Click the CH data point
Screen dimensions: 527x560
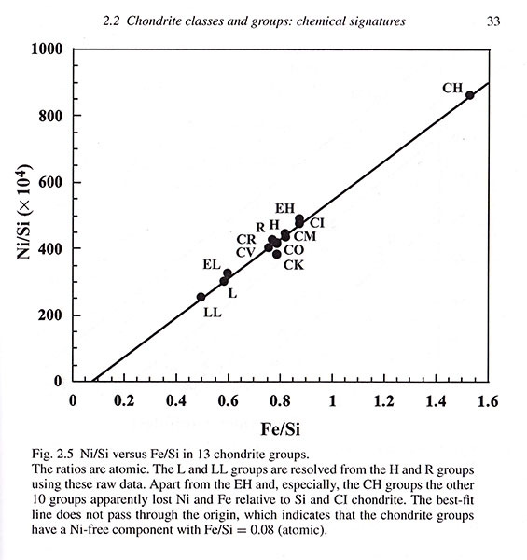[x=469, y=95]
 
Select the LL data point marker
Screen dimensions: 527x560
[x=201, y=297]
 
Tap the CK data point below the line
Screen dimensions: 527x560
[x=276, y=254]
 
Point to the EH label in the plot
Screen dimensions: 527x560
[x=284, y=208]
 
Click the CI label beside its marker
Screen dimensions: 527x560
[x=317, y=223]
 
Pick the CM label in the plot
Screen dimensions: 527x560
[x=305, y=236]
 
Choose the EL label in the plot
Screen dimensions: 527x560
[x=212, y=265]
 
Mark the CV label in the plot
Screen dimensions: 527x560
[x=245, y=253]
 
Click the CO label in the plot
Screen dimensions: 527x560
[x=294, y=250]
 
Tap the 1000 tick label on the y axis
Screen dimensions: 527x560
[x=47, y=49]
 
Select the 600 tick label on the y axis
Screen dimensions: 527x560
[x=50, y=182]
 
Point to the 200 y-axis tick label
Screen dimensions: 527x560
[x=50, y=315]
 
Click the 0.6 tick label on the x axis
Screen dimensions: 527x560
[x=228, y=401]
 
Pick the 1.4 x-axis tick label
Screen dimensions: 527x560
[x=436, y=401]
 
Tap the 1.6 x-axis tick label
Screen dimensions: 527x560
[x=488, y=401]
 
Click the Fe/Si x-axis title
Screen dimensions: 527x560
[x=281, y=429]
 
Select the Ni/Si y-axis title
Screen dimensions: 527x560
[x=24, y=212]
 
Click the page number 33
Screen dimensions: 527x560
[x=493, y=21]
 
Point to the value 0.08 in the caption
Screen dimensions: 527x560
[x=262, y=529]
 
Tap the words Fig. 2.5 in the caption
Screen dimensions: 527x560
[x=53, y=455]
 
